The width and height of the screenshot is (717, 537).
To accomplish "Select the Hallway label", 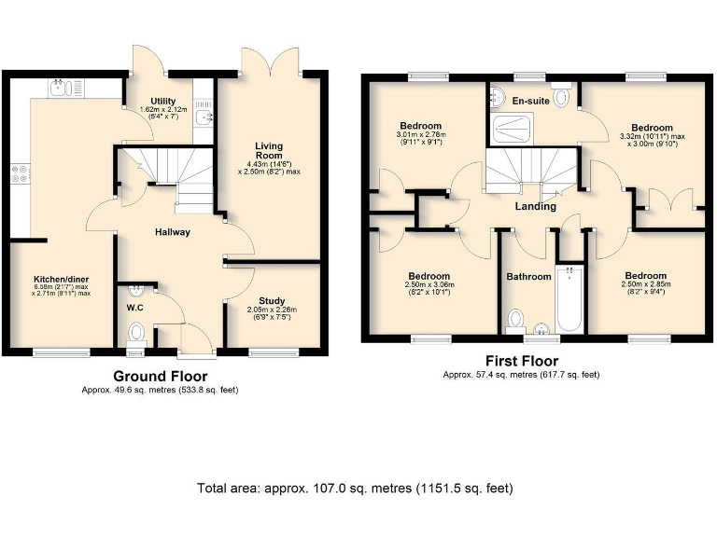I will [171, 232].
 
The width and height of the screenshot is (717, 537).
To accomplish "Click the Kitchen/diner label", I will [61, 279].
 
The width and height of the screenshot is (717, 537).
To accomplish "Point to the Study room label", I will [272, 300].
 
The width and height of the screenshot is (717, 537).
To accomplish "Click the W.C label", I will [134, 306].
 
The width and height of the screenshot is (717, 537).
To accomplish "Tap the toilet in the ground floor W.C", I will [136, 332].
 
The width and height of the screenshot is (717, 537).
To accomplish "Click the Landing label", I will [535, 206].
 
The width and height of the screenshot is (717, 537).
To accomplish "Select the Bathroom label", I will [529, 277].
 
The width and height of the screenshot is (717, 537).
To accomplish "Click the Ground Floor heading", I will [160, 376].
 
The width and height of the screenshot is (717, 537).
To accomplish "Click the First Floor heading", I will [521, 361].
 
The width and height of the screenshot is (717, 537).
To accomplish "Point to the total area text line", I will [354, 488].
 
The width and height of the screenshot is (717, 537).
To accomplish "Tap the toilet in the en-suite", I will [562, 95].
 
